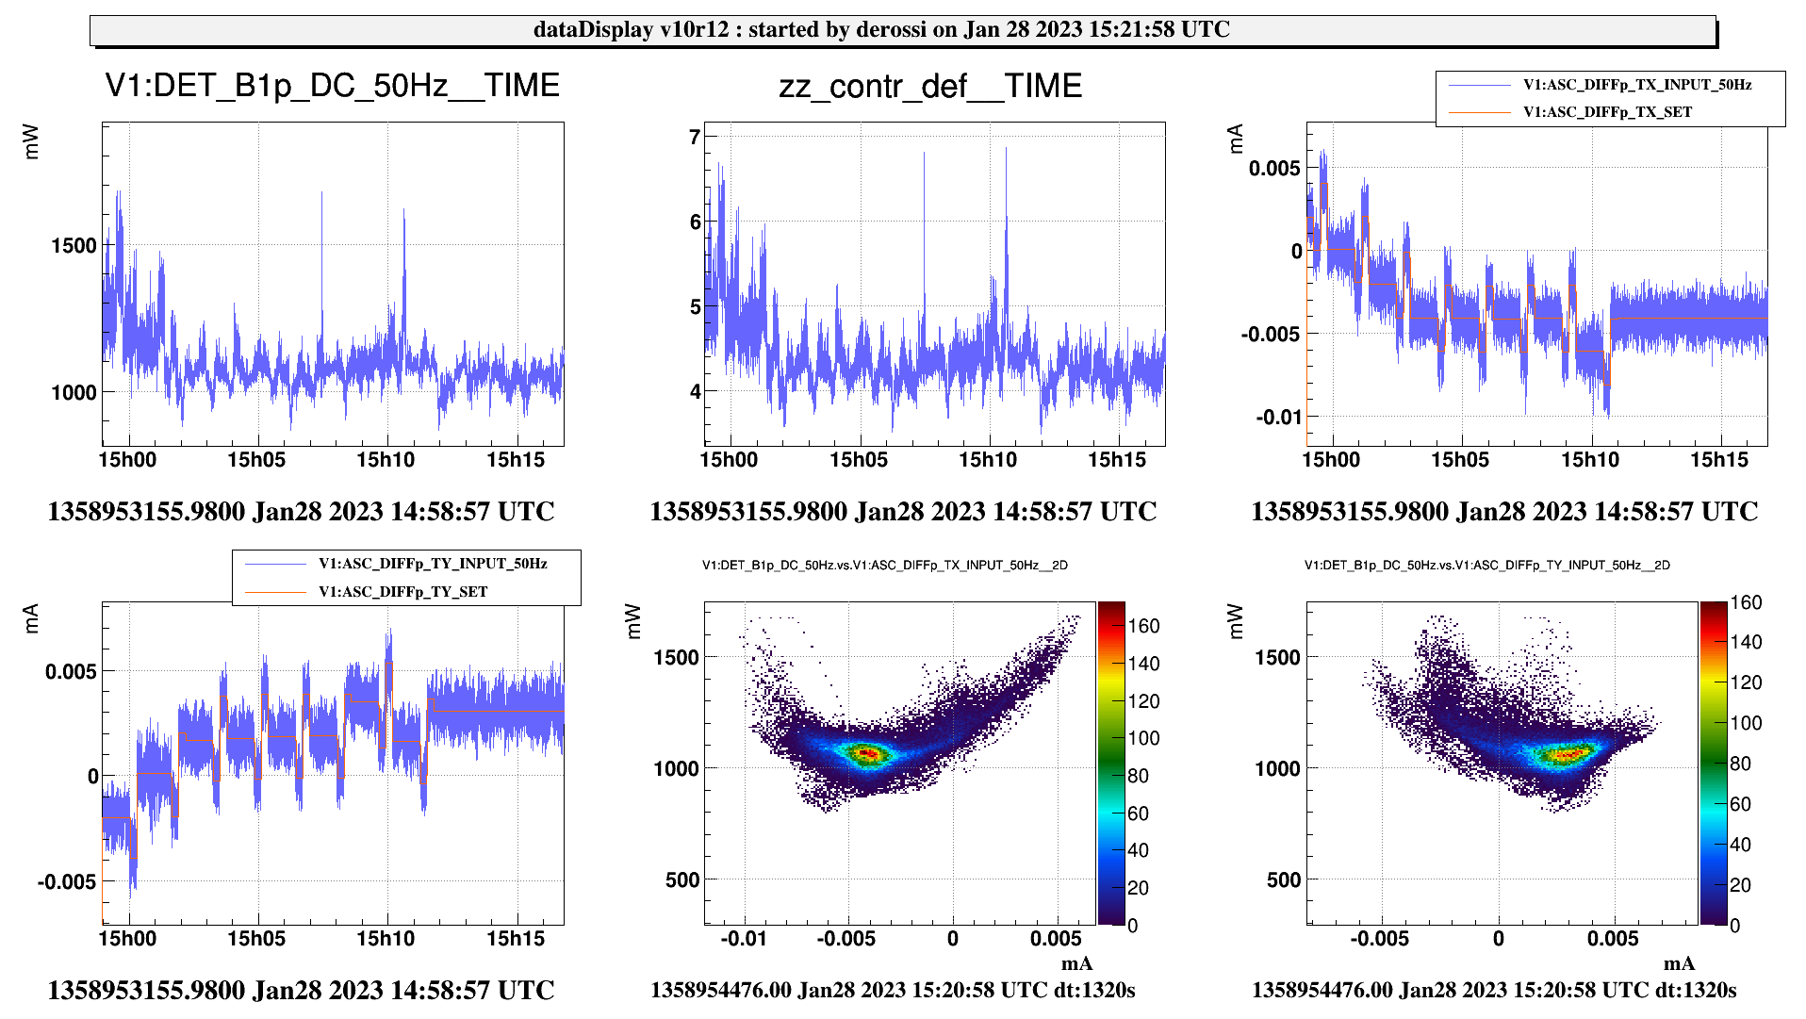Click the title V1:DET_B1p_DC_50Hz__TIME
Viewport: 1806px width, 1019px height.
coord(332,86)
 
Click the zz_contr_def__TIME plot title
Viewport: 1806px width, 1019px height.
coord(930,86)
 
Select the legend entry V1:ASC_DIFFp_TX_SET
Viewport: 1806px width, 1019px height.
coord(1607,112)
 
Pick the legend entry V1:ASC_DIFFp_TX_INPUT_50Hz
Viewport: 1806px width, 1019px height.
coord(1636,85)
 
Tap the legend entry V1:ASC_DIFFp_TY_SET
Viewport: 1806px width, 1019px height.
coord(402,592)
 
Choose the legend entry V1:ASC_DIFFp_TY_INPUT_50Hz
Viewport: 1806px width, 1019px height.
coord(432,564)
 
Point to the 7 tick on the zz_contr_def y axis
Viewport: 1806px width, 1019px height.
coord(696,138)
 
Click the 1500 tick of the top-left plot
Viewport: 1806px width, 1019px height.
coord(74,246)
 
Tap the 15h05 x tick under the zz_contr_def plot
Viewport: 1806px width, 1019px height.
coord(858,460)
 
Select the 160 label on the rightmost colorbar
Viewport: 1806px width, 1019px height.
coord(1746,603)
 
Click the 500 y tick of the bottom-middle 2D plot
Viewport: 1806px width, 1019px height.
coord(681,879)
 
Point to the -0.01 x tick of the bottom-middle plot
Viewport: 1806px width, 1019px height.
coord(744,939)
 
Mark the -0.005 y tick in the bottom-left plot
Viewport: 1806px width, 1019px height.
coord(66,882)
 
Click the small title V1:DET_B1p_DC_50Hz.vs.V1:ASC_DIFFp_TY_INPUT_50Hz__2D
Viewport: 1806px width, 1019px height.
coord(1486,566)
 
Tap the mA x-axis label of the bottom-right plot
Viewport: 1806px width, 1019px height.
coord(1679,963)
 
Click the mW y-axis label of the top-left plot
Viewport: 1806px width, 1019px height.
coord(31,141)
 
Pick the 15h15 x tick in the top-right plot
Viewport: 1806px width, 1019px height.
coord(1719,460)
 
